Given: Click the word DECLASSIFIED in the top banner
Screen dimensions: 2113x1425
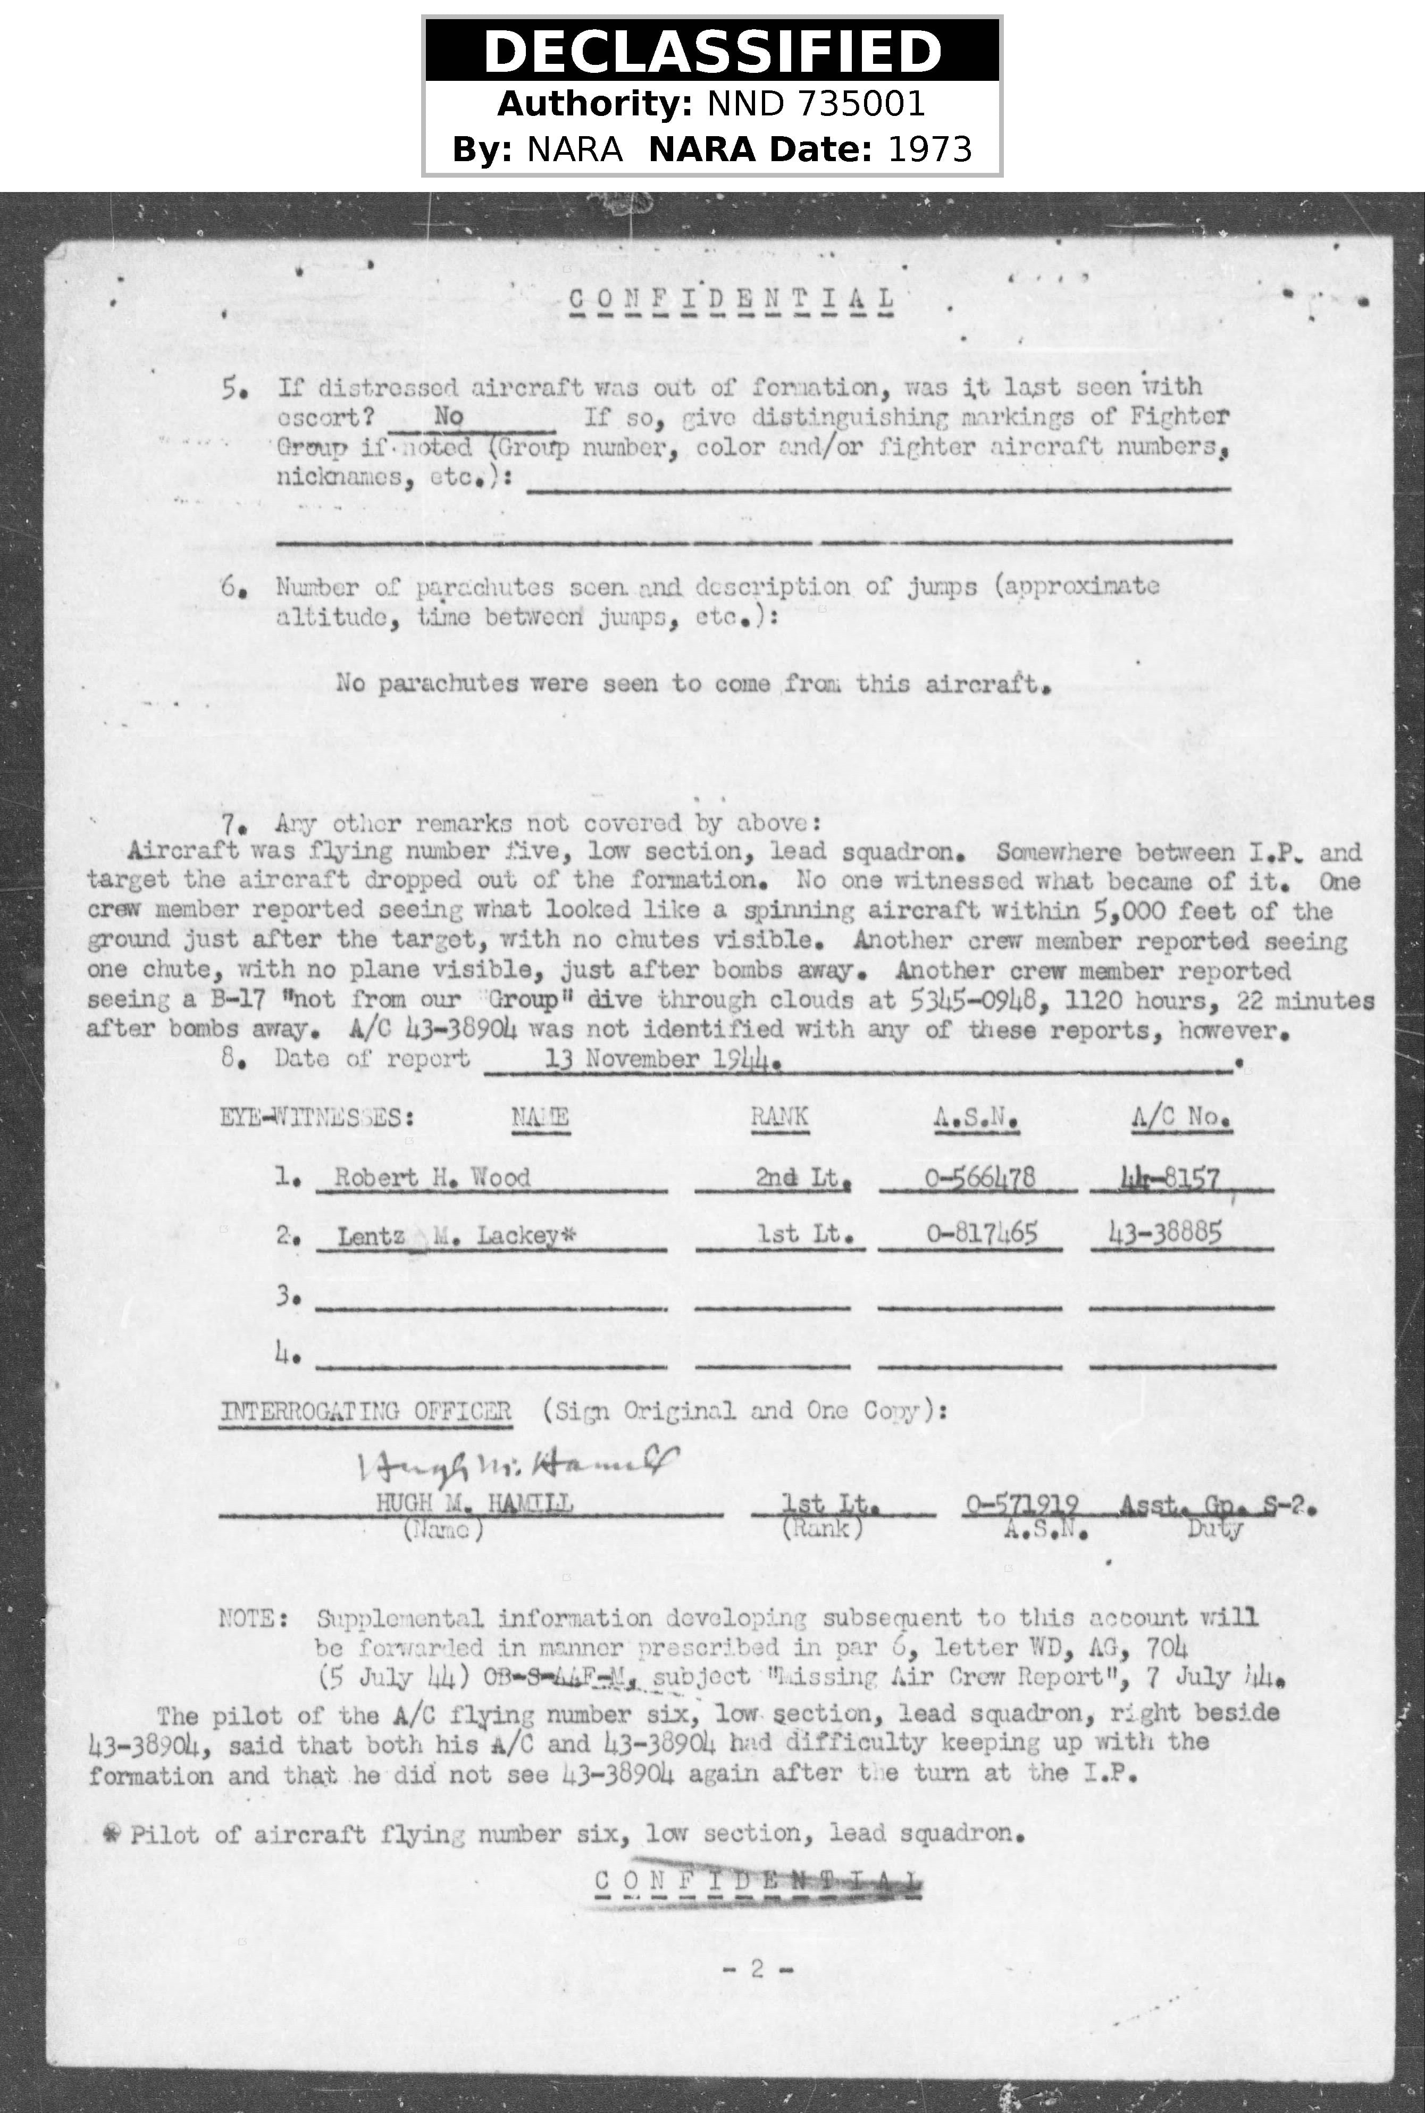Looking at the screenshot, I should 712,52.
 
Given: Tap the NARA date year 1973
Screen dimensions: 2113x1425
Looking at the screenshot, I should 929,148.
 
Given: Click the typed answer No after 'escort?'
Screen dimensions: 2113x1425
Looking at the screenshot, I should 449,416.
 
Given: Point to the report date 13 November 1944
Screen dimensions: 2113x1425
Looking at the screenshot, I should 661,1059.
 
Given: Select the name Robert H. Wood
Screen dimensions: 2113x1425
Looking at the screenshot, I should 432,1178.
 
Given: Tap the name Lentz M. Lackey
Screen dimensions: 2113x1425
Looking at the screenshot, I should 455,1235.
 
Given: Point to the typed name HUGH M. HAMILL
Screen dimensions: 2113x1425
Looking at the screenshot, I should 474,1503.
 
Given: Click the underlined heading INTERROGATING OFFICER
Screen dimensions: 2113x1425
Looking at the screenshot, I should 365,1410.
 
